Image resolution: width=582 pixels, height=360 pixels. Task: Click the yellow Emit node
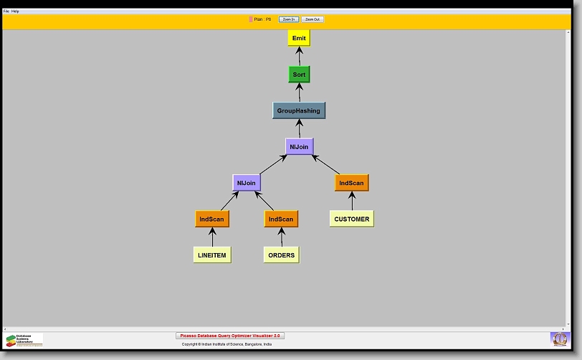click(299, 38)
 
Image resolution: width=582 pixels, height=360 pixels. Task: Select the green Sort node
click(299, 75)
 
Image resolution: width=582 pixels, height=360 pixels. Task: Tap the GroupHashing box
click(299, 110)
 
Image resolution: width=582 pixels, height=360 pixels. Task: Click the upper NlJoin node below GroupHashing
click(299, 147)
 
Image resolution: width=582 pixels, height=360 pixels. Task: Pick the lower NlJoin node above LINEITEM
click(246, 183)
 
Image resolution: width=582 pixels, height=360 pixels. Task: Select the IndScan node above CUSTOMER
click(351, 183)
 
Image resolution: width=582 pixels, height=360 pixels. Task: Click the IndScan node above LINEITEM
click(212, 219)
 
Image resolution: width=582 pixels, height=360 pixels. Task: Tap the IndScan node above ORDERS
click(281, 219)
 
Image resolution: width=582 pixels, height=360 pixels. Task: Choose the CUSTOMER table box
click(351, 219)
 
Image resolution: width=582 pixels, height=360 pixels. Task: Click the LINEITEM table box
click(212, 255)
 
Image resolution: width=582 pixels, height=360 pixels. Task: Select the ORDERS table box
click(281, 255)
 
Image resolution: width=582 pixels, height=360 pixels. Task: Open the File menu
click(6, 11)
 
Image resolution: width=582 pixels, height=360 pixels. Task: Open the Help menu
click(16, 11)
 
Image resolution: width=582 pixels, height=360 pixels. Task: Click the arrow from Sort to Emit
click(299, 56)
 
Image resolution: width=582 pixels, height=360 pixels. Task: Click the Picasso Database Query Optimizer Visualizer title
click(230, 336)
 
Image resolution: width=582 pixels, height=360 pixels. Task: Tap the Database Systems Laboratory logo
click(24, 340)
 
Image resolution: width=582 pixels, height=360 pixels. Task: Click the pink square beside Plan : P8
click(251, 19)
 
